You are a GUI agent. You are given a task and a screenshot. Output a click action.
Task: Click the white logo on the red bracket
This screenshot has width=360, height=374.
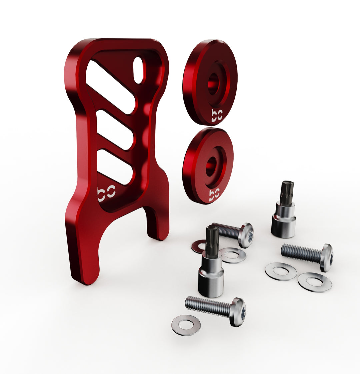pos(106,193)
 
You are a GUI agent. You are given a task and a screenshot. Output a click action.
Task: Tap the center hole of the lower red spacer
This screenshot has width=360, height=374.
pos(211,167)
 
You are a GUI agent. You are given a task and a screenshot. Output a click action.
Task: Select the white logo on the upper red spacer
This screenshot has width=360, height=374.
pos(217,116)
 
